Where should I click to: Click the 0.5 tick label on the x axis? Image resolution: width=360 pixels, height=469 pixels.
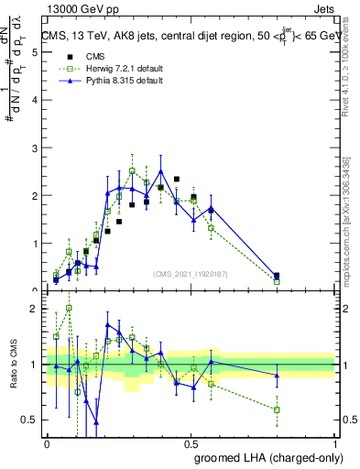[x=191, y=443]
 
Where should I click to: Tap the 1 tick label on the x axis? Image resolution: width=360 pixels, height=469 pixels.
[x=335, y=443]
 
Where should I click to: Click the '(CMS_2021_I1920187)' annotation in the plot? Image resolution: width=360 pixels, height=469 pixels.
[x=191, y=273]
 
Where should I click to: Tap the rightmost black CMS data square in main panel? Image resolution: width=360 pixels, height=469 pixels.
[x=277, y=275]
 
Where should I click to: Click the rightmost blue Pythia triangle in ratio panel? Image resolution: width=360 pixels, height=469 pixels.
[x=277, y=376]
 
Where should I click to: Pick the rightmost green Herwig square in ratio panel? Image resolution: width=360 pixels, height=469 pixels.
[x=277, y=409]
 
